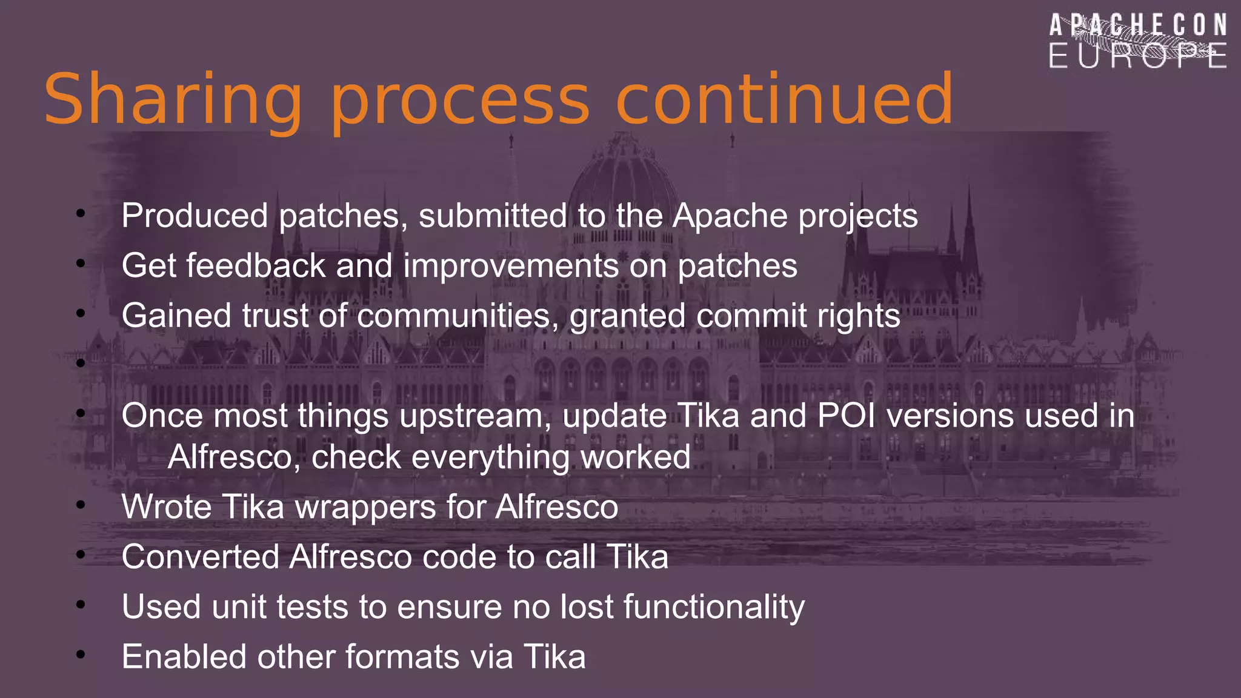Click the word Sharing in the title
[173, 100]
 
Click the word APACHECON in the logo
[1138, 25]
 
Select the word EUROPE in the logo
[1138, 56]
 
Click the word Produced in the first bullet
[195, 216]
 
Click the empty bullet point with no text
[81, 364]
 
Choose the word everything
[490, 457]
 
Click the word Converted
[200, 557]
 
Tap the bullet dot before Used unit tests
[81, 605]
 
